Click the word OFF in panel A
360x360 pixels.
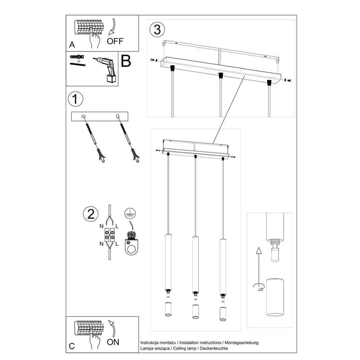(x=115, y=41)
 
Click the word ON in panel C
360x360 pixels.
(x=113, y=342)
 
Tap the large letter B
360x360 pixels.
(x=126, y=61)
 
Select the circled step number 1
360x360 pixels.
(x=76, y=99)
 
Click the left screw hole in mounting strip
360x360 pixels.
(x=83, y=116)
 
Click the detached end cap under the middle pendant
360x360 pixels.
(x=195, y=312)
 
